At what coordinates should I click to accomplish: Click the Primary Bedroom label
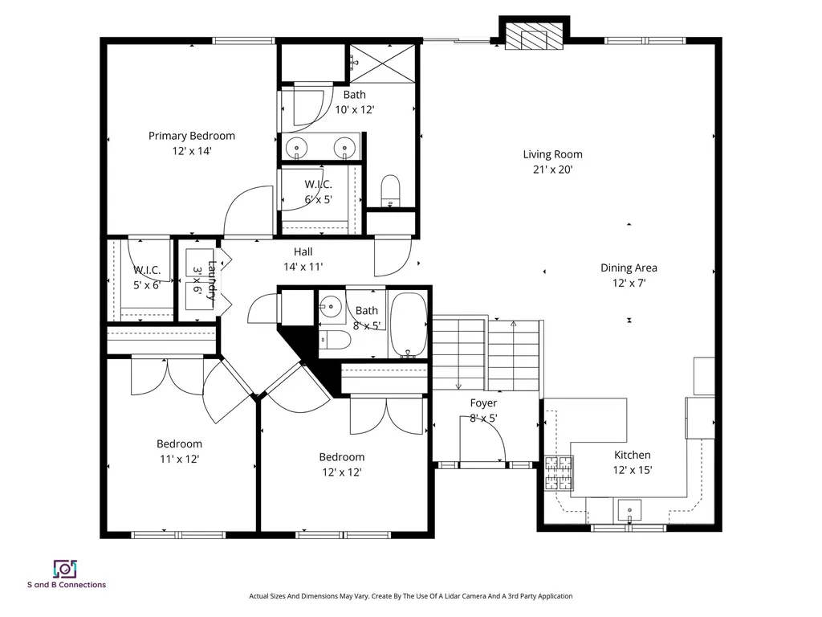click(x=191, y=136)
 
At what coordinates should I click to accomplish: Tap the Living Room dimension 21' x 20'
click(x=552, y=170)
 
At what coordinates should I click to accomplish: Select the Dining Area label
click(x=629, y=268)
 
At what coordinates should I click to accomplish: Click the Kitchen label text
click(x=632, y=455)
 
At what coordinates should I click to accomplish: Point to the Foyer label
click(x=483, y=402)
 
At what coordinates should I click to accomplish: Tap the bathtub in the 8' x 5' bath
click(x=409, y=325)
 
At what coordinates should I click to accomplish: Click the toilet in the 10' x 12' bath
click(x=390, y=190)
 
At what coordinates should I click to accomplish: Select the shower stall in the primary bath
click(x=384, y=61)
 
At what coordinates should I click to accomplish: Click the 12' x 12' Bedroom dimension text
click(x=341, y=472)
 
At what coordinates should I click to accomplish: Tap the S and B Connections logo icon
click(x=64, y=568)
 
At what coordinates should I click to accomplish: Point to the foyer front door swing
click(x=485, y=442)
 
